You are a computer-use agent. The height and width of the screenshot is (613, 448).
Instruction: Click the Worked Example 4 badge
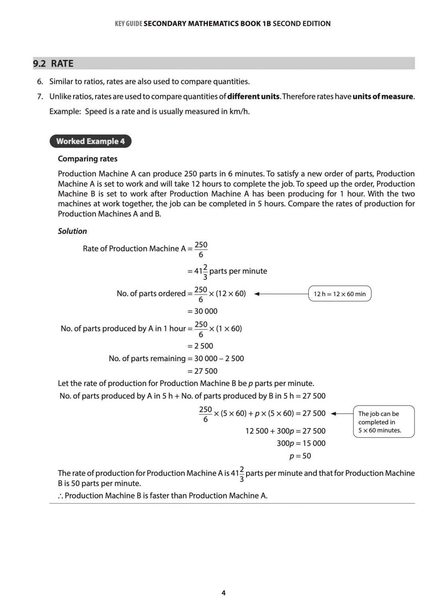(90, 141)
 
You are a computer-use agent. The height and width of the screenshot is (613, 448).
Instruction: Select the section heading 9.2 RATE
(53, 63)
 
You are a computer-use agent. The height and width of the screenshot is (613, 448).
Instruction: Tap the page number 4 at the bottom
(223, 593)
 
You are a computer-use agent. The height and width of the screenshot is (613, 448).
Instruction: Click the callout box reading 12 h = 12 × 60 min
(339, 294)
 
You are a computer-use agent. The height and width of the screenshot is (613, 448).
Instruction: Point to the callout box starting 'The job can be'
(383, 422)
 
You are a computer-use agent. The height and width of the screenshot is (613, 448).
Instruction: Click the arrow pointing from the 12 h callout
(281, 294)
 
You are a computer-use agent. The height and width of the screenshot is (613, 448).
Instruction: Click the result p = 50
(300, 456)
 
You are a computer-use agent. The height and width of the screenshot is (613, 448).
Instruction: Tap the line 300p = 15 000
(301, 443)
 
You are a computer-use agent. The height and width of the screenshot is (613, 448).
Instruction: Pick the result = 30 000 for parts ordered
(203, 311)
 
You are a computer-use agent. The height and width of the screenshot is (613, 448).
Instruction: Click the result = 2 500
(200, 346)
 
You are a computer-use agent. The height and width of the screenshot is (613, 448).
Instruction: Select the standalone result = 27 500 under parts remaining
(203, 371)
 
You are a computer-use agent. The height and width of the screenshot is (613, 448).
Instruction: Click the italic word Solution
(72, 231)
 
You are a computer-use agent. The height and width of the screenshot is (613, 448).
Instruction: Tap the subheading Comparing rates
(87, 159)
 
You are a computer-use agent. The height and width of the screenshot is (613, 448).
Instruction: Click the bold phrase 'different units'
(253, 97)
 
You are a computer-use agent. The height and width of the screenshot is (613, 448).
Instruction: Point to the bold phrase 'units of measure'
(383, 97)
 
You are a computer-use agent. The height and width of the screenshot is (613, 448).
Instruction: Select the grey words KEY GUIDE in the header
(128, 24)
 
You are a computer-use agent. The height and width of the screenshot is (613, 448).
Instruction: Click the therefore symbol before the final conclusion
(60, 496)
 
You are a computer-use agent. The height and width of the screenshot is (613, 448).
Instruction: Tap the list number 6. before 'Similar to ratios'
(40, 82)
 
